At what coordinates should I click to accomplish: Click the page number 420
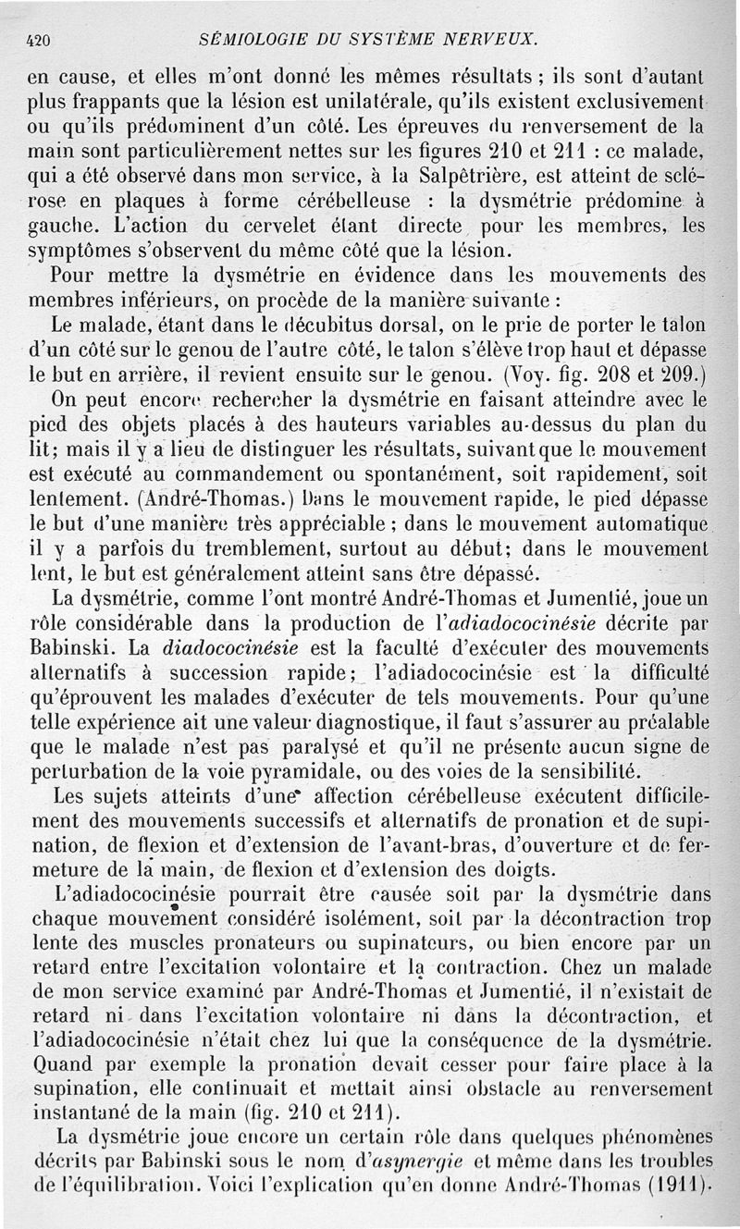pos(38,41)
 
